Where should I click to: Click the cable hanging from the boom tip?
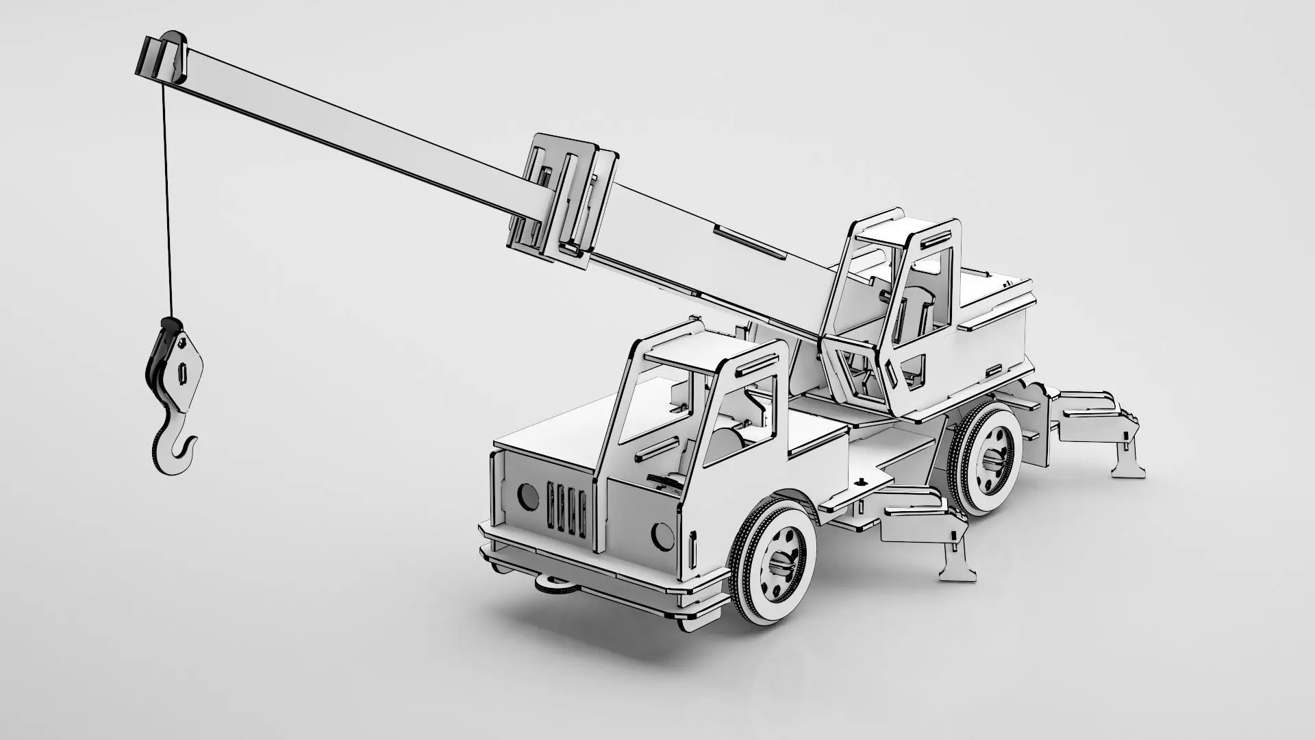pos(166,206)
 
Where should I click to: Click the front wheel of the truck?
pos(774,559)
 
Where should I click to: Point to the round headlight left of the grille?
pos(527,496)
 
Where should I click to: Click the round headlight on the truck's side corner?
pos(662,534)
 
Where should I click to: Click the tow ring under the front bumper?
pos(553,584)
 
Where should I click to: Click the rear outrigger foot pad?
pos(1127,469)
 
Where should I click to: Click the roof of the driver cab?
pos(692,353)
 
